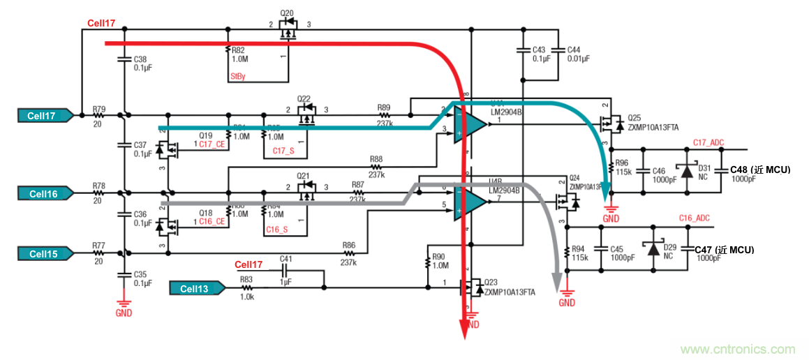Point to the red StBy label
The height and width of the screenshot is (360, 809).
(x=237, y=77)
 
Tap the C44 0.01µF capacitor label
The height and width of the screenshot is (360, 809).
(x=577, y=54)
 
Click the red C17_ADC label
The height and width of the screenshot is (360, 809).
(x=708, y=142)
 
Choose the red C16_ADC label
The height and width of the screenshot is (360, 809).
(x=694, y=218)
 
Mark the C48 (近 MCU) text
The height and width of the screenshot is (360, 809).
(x=759, y=170)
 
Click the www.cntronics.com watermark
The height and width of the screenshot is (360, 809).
(x=741, y=349)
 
